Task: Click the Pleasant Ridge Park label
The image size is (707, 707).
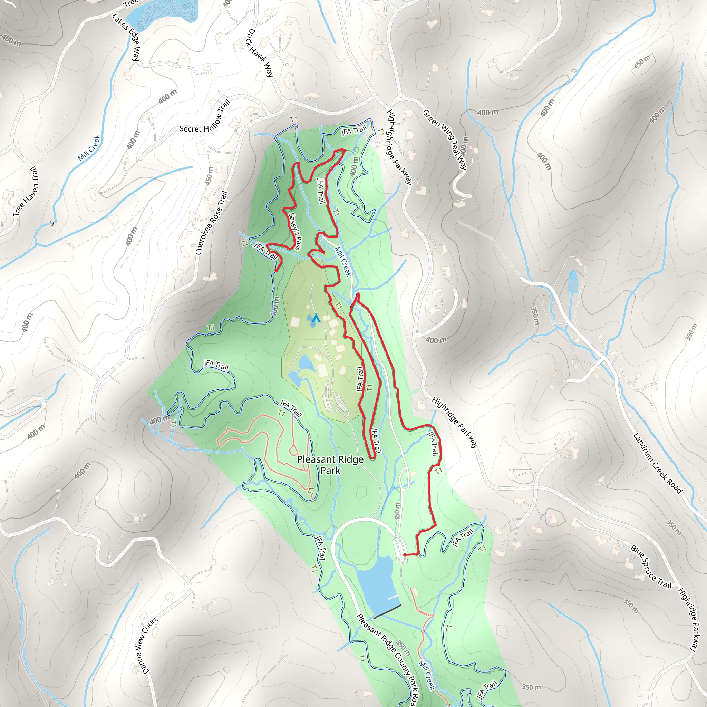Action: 330,465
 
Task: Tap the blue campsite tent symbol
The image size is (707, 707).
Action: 316,318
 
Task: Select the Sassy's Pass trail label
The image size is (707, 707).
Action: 295,232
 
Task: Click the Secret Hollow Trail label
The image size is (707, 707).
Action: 205,117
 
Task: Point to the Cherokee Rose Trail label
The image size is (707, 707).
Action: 212,223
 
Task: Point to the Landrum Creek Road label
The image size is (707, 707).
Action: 658,463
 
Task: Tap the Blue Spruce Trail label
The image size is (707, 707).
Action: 651,566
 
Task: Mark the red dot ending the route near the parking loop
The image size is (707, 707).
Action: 405,555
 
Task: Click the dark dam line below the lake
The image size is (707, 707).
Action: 387,611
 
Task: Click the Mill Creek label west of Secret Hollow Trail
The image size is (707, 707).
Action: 89,148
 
